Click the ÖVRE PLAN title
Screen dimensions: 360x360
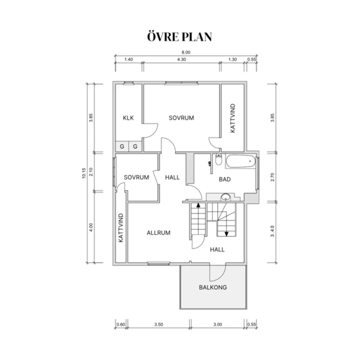tap(179, 37)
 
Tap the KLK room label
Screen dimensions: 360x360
tap(128, 118)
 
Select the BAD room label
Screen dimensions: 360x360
tap(225, 179)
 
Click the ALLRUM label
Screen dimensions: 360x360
tap(158, 233)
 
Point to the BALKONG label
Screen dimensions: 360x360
tap(213, 288)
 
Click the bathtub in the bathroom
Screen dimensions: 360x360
tap(240, 161)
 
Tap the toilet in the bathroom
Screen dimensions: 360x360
tap(219, 159)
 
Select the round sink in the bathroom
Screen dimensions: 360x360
tap(226, 197)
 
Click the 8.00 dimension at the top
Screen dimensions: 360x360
tap(186, 52)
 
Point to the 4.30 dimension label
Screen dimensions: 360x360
tap(182, 59)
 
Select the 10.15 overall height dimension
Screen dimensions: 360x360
tap(84, 173)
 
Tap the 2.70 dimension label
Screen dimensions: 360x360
tap(272, 177)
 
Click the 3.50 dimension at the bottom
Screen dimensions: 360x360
tap(159, 324)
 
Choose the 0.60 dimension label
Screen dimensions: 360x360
tap(121, 324)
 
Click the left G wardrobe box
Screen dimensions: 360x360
tap(122, 146)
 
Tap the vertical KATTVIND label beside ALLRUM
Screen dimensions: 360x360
tap(121, 228)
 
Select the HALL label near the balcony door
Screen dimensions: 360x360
tap(217, 250)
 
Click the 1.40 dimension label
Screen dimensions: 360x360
tap(129, 59)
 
